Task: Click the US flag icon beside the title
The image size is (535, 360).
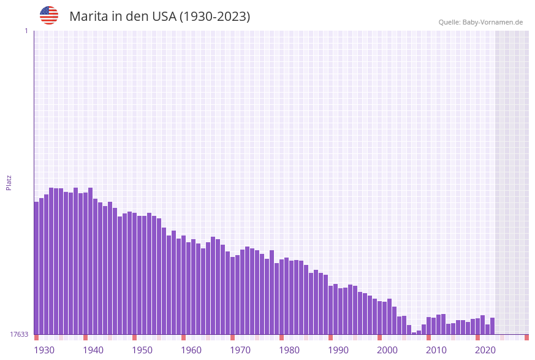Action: pos(49,15)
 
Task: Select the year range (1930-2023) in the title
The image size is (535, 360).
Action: pos(214,17)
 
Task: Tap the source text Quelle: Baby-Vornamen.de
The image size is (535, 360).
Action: pos(480,23)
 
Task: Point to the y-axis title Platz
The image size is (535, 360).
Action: pos(9,182)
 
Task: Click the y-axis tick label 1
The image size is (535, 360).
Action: pos(26,31)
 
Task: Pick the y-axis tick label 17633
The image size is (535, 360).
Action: pos(19,334)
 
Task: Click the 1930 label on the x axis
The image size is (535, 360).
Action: pos(44,350)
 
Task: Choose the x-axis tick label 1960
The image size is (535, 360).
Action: pos(191,350)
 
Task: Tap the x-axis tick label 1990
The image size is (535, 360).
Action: pos(338,350)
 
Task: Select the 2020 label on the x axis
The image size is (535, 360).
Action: pos(485,350)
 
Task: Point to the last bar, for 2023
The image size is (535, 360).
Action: pos(492,326)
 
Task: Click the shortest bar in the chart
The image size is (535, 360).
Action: pos(414,333)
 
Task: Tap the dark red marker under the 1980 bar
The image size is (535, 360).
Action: pos(281,337)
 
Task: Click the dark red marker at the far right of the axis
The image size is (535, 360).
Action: pos(526,337)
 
